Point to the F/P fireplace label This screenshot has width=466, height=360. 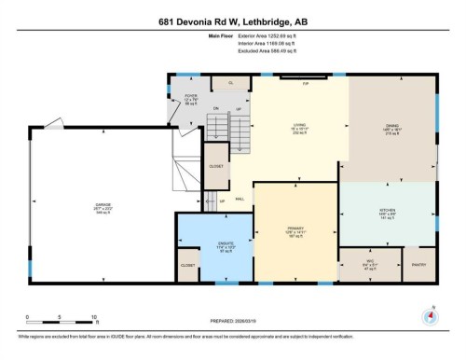click(304, 84)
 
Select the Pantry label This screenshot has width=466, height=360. click(418, 265)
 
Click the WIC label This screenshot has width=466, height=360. click(369, 262)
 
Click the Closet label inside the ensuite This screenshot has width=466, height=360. click(188, 266)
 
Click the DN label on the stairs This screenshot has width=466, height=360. click(215, 109)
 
